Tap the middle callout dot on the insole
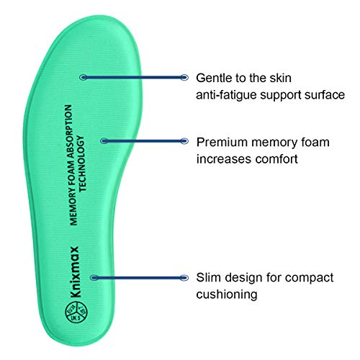pos(104,140)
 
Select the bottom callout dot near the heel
pos(93,276)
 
